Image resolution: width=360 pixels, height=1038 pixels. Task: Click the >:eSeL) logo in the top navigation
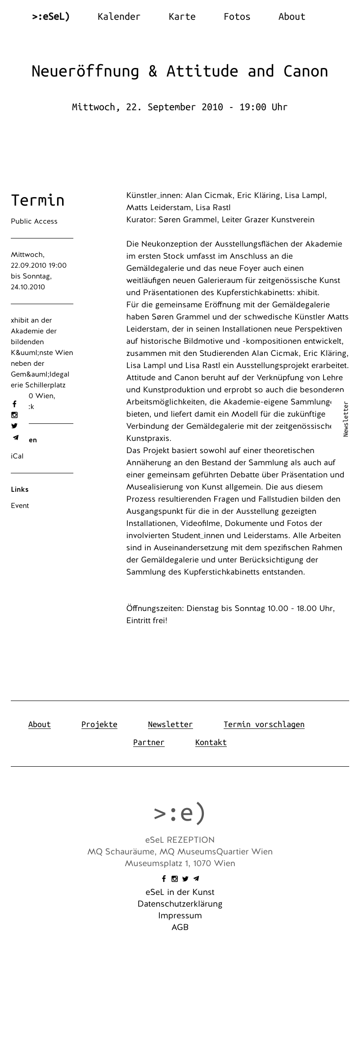(x=51, y=17)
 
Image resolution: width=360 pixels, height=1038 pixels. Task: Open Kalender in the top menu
(x=119, y=17)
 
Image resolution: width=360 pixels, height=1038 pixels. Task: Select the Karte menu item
(x=182, y=17)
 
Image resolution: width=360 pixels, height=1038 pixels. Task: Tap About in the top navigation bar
(x=292, y=17)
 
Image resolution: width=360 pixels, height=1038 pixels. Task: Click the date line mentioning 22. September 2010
(x=180, y=107)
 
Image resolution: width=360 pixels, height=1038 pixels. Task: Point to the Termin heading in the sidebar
(x=38, y=200)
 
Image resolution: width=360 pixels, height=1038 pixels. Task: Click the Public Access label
(x=34, y=221)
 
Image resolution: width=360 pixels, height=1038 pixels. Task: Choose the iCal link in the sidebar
(x=17, y=456)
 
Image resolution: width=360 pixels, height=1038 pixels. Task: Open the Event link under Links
(x=20, y=506)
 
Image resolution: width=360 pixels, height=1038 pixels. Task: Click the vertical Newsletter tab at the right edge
(x=346, y=419)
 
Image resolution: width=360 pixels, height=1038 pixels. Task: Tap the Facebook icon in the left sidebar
(x=14, y=404)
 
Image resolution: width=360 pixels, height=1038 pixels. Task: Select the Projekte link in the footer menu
(x=99, y=724)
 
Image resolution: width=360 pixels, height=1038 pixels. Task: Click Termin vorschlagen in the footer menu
(x=264, y=724)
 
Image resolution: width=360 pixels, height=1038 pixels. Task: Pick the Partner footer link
(x=148, y=742)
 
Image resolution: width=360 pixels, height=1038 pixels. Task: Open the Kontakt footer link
(x=211, y=742)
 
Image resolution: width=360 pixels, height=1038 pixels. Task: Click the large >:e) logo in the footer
(x=180, y=813)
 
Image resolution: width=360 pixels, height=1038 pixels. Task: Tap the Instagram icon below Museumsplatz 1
(x=175, y=879)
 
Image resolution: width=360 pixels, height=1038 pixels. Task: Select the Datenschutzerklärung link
(x=180, y=904)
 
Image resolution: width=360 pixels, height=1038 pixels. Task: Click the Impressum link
(x=180, y=916)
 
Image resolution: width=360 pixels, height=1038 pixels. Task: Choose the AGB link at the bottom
(x=180, y=927)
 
